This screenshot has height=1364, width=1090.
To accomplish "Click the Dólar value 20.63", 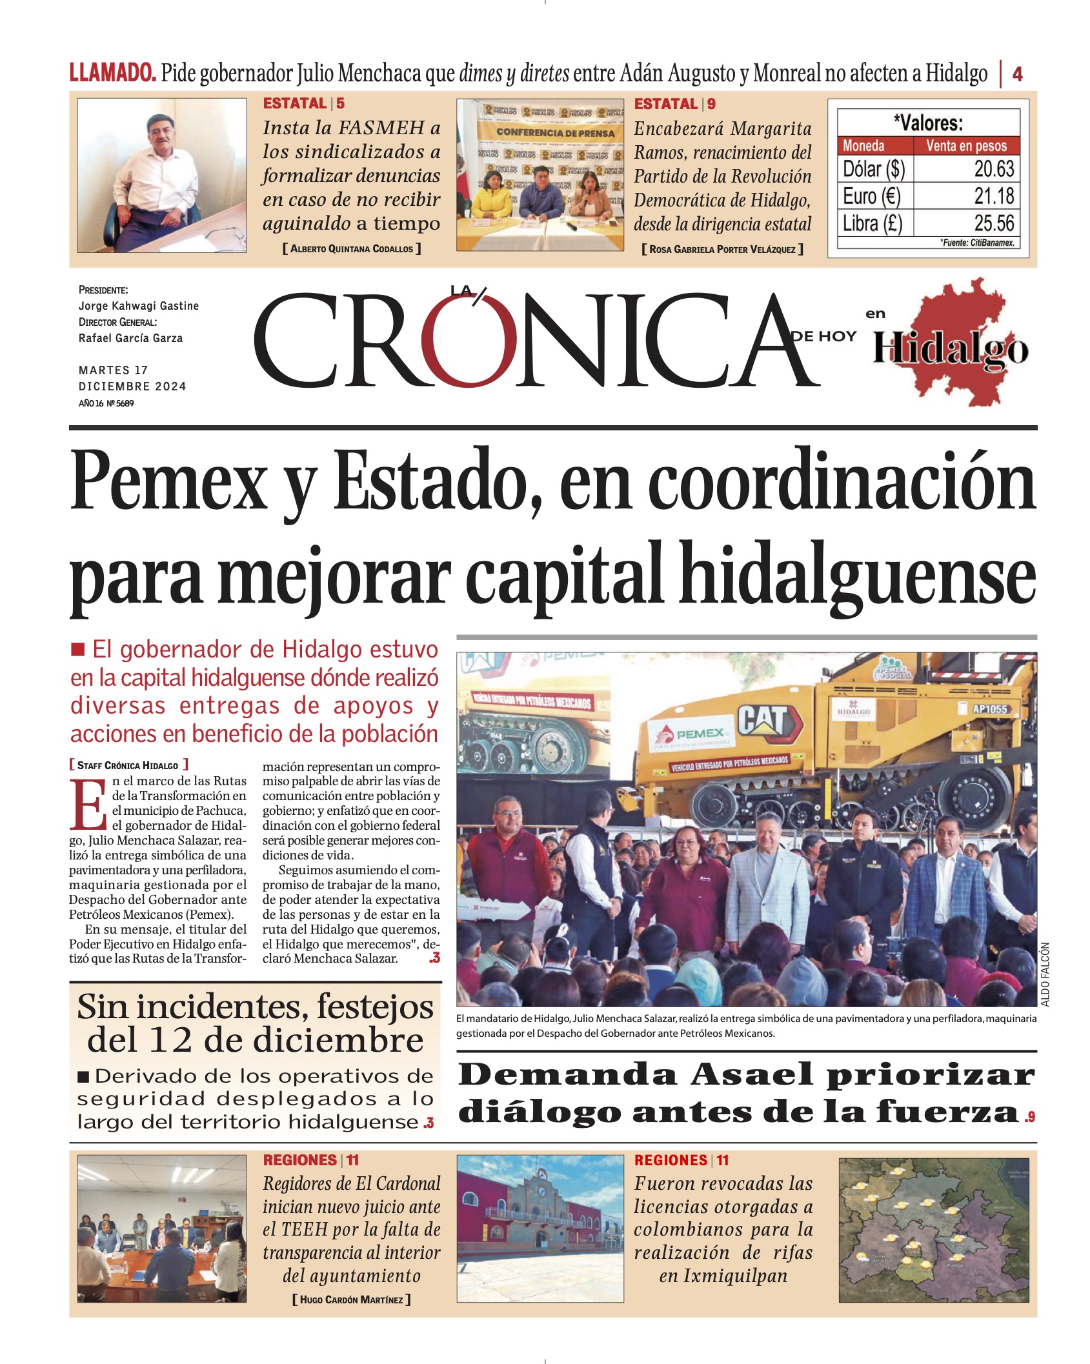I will [994, 169].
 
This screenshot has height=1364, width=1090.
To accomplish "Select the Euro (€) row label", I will [871, 196].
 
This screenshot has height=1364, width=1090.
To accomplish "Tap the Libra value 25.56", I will [994, 223].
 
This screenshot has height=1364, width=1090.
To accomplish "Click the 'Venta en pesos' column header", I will [966, 146].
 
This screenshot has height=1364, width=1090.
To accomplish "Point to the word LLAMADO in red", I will [112, 73].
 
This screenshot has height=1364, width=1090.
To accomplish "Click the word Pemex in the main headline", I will [169, 482].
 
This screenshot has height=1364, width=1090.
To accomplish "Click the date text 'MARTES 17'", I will [114, 370].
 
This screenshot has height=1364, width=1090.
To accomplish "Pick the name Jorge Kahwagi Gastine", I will [139, 306].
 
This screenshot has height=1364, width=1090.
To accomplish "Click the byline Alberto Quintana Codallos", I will [352, 249].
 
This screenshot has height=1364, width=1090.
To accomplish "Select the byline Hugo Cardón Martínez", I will [352, 1299].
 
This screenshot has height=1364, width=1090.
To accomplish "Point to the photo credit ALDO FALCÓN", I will [1045, 974].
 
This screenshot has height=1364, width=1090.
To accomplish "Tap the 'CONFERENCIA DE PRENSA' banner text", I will [555, 133].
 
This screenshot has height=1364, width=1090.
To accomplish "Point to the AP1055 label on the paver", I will [990, 709].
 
